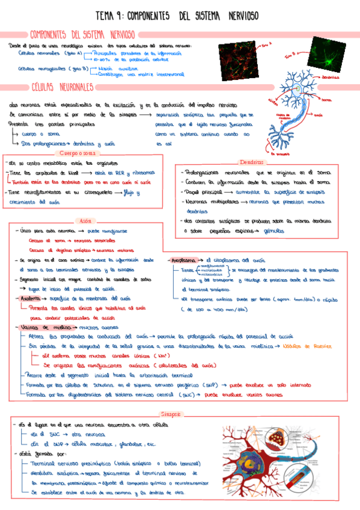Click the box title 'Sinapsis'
tap(171, 414)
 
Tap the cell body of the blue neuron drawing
tap(296, 89)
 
